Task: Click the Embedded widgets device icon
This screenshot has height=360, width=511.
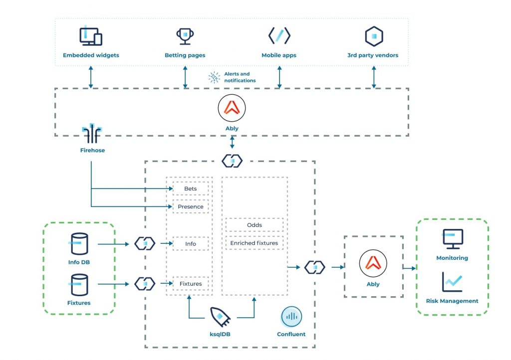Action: pyautogui.click(x=91, y=36)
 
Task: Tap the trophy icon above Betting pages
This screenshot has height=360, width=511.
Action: pyautogui.click(x=185, y=36)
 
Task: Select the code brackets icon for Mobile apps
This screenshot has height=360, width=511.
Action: pyautogui.click(x=279, y=36)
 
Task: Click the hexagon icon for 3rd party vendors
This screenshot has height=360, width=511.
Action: pyautogui.click(x=373, y=36)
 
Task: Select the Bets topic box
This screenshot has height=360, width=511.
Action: pyautogui.click(x=191, y=189)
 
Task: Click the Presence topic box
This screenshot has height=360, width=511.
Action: pyautogui.click(x=191, y=206)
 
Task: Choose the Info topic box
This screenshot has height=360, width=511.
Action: pyautogui.click(x=191, y=244)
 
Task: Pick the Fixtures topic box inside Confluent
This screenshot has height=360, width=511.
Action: pyautogui.click(x=191, y=284)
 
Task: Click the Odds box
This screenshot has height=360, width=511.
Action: pyautogui.click(x=255, y=225)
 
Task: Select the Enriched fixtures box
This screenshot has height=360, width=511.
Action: pyautogui.click(x=255, y=243)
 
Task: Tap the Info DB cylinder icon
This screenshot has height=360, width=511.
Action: pyautogui.click(x=78, y=244)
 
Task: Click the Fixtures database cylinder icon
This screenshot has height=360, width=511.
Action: pyautogui.click(x=78, y=284)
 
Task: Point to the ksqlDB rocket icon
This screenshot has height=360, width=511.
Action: pyautogui.click(x=220, y=316)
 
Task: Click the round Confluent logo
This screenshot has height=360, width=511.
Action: pyautogui.click(x=291, y=316)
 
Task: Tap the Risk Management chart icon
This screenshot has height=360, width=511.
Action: pyautogui.click(x=452, y=282)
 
